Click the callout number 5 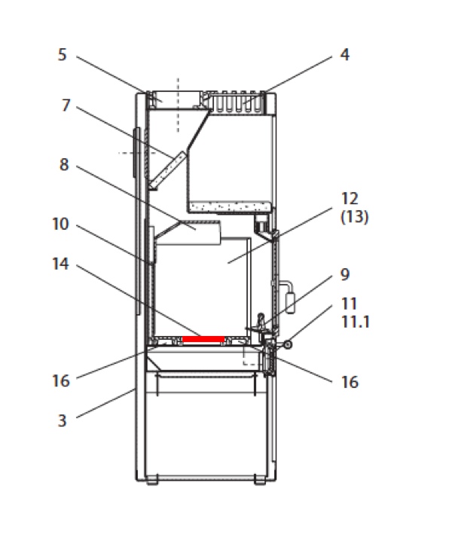[62, 54]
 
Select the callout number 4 [344, 54]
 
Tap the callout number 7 [66, 105]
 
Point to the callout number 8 [64, 164]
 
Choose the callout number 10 [60, 224]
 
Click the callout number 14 [60, 264]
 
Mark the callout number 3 [62, 420]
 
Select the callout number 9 [345, 274]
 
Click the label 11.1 [356, 322]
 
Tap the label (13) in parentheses [355, 216]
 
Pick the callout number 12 [350, 199]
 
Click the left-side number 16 [60, 380]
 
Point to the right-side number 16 [350, 382]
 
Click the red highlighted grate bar [203, 339]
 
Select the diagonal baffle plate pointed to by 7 [167, 170]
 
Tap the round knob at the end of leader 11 [288, 344]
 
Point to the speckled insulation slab [230, 206]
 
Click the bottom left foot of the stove [152, 480]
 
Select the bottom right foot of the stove [260, 480]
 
